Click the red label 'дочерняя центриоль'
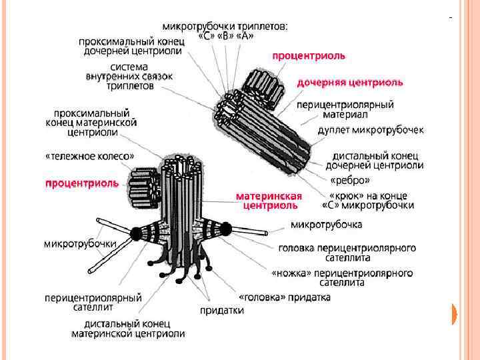pos(349,83)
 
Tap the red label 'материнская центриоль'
pos(269,201)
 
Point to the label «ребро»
pos(350,180)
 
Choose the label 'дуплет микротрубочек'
pos(370,129)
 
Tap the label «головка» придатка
pos(285,297)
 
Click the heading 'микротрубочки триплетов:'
pos(226,27)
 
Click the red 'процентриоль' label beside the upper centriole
pos(309,56)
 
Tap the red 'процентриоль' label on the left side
pos(81,182)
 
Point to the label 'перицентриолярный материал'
pos(345,109)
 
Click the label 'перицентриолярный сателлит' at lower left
pos(93,302)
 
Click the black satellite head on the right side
pos(226,230)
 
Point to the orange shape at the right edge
pos(455,314)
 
